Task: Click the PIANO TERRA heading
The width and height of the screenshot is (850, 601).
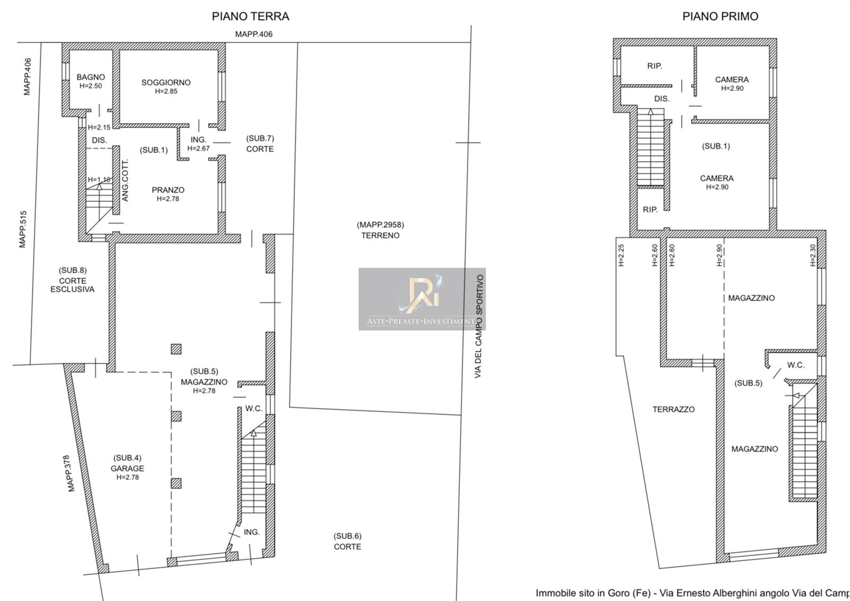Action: tap(250, 16)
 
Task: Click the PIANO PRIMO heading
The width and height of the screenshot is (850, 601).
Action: tap(720, 16)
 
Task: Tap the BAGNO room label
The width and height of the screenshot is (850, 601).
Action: tap(91, 77)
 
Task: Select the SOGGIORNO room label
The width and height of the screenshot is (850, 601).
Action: tap(166, 82)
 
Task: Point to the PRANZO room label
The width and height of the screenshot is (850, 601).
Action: tap(168, 190)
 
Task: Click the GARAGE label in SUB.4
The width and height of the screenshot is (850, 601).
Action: tap(127, 469)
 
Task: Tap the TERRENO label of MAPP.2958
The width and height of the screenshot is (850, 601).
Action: tap(380, 235)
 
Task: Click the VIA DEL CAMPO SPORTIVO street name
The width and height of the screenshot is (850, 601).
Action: tap(479, 326)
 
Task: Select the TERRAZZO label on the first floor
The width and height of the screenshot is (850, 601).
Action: tap(674, 409)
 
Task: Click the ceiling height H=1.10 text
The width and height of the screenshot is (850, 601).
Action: tap(99, 180)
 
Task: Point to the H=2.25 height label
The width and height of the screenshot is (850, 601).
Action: tap(621, 255)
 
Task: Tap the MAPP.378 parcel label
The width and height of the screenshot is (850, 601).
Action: tap(71, 473)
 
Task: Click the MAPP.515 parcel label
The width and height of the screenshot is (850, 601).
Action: tap(23, 230)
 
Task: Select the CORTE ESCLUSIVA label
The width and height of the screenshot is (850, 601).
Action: tap(72, 285)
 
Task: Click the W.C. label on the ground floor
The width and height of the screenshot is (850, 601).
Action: tap(254, 409)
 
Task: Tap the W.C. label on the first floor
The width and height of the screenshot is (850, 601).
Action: tap(796, 365)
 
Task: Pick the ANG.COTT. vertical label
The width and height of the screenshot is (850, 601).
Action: tap(125, 180)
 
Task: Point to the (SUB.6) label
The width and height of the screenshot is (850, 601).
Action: tap(347, 536)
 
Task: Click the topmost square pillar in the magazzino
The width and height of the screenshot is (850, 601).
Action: tap(176, 349)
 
